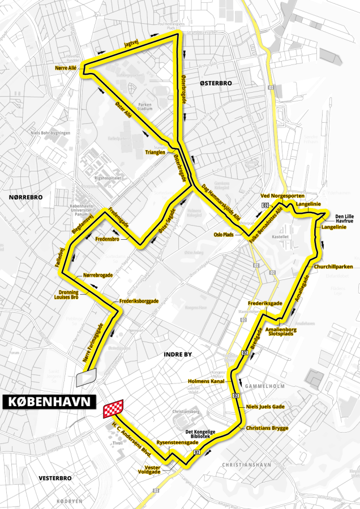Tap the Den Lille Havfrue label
pos(344,218)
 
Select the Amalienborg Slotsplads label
pos(281,331)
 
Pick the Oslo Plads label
pos(224,233)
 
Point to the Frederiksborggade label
pos(139,301)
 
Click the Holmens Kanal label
pos(207,381)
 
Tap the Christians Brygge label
pos(267,428)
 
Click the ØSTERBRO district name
pos(216,83)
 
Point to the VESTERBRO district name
pos(55,478)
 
